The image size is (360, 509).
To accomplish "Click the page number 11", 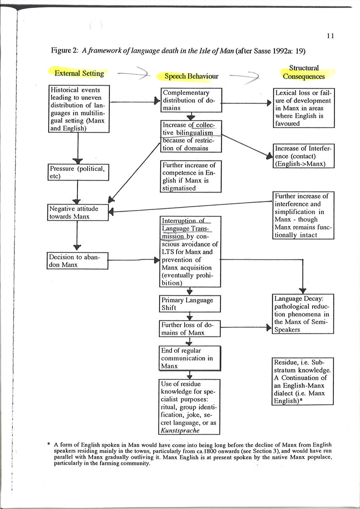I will pos(330,36).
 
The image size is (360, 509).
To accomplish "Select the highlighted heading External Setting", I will pos(79,73).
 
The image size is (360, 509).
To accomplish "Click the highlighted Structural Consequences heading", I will pos(304,72).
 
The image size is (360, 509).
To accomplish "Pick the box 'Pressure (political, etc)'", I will pos(78,172).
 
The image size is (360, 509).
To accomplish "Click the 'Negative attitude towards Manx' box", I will pos(78,212).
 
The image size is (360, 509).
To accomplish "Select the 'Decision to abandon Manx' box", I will pos(78,260).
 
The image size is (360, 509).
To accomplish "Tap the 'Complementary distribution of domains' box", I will pos(191,100).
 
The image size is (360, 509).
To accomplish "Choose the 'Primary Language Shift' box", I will pos(190,304).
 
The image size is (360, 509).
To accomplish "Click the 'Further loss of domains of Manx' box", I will pos(189,328).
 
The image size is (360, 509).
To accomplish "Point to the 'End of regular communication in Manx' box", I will pos(189,358).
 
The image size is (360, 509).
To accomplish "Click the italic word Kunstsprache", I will pos(180,430).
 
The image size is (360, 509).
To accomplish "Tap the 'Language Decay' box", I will pos(303,314).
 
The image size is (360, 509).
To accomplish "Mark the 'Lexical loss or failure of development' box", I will pos(303,108).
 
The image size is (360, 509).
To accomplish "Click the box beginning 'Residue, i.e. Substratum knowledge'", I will pos(303,381).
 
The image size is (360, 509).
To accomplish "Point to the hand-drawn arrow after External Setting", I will pos(134,73).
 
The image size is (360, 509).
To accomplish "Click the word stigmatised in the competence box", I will pos(179,188).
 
